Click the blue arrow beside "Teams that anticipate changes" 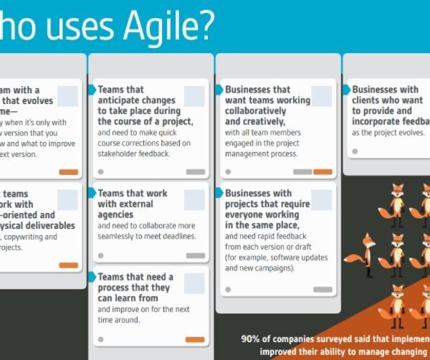pyautogui.click(x=92, y=90)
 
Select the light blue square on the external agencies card pyautogui.click(x=194, y=200)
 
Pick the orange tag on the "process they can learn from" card pyautogui.click(x=195, y=339)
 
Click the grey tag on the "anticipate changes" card pyautogui.click(x=195, y=172)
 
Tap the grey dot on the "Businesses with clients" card pyautogui.click(x=354, y=151)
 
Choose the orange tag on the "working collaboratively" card pyautogui.click(x=322, y=172)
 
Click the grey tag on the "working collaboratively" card pyautogui.click(x=302, y=172)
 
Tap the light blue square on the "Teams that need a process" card pyautogui.click(x=194, y=283)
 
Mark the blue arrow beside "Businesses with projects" pyautogui.click(x=219, y=193)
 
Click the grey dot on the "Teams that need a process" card pyautogui.click(x=100, y=339)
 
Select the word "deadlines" pyautogui.click(x=176, y=236)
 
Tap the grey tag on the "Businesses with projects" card pyautogui.click(x=322, y=289)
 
